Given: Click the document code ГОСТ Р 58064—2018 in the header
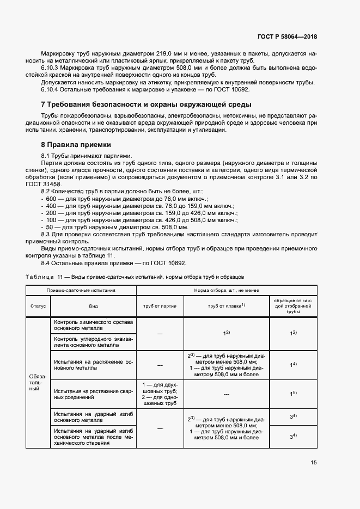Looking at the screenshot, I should (x=287, y=37).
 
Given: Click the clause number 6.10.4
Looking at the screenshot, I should (x=51, y=89).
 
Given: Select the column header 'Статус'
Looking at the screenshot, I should (x=38, y=306).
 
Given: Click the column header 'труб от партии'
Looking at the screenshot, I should (x=160, y=306).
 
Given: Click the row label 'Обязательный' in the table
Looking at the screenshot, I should (x=38, y=383).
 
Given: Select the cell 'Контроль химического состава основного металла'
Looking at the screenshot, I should (x=93, y=326).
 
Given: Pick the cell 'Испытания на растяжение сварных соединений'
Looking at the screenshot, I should (x=93, y=393).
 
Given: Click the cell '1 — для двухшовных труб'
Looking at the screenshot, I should (x=160, y=387).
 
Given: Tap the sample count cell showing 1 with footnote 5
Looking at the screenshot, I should (x=292, y=393).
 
